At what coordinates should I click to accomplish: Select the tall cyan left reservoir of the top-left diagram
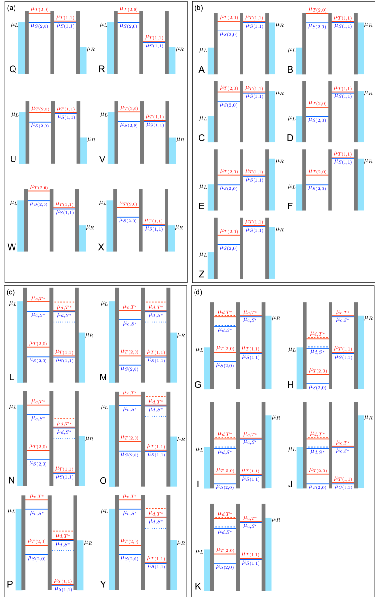point(21,48)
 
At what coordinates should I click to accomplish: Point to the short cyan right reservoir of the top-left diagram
point(83,61)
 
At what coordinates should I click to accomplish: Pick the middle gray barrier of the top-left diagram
point(52,43)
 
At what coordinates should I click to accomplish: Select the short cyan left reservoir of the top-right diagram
point(300,61)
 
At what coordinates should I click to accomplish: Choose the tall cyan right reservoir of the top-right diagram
point(360,48)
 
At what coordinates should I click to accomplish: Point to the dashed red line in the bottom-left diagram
point(63,531)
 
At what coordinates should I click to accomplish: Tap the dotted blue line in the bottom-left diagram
point(63,551)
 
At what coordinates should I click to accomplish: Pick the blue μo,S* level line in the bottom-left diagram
point(37,508)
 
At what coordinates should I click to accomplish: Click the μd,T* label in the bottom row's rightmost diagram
point(224,513)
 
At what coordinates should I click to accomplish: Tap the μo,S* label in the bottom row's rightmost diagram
point(250,526)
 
